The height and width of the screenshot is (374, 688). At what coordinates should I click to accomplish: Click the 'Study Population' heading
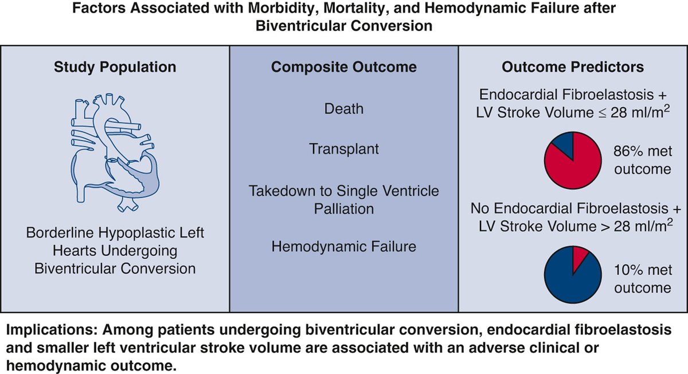(x=114, y=67)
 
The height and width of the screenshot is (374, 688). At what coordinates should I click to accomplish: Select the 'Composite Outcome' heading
(x=343, y=67)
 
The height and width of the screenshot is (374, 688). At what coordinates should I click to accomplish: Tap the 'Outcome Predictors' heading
(x=573, y=67)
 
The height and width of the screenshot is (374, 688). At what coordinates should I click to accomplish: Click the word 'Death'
(x=344, y=108)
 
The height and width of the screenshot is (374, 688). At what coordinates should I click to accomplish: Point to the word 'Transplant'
(x=344, y=149)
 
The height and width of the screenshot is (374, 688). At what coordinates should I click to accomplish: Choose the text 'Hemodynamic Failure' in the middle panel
(x=344, y=247)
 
